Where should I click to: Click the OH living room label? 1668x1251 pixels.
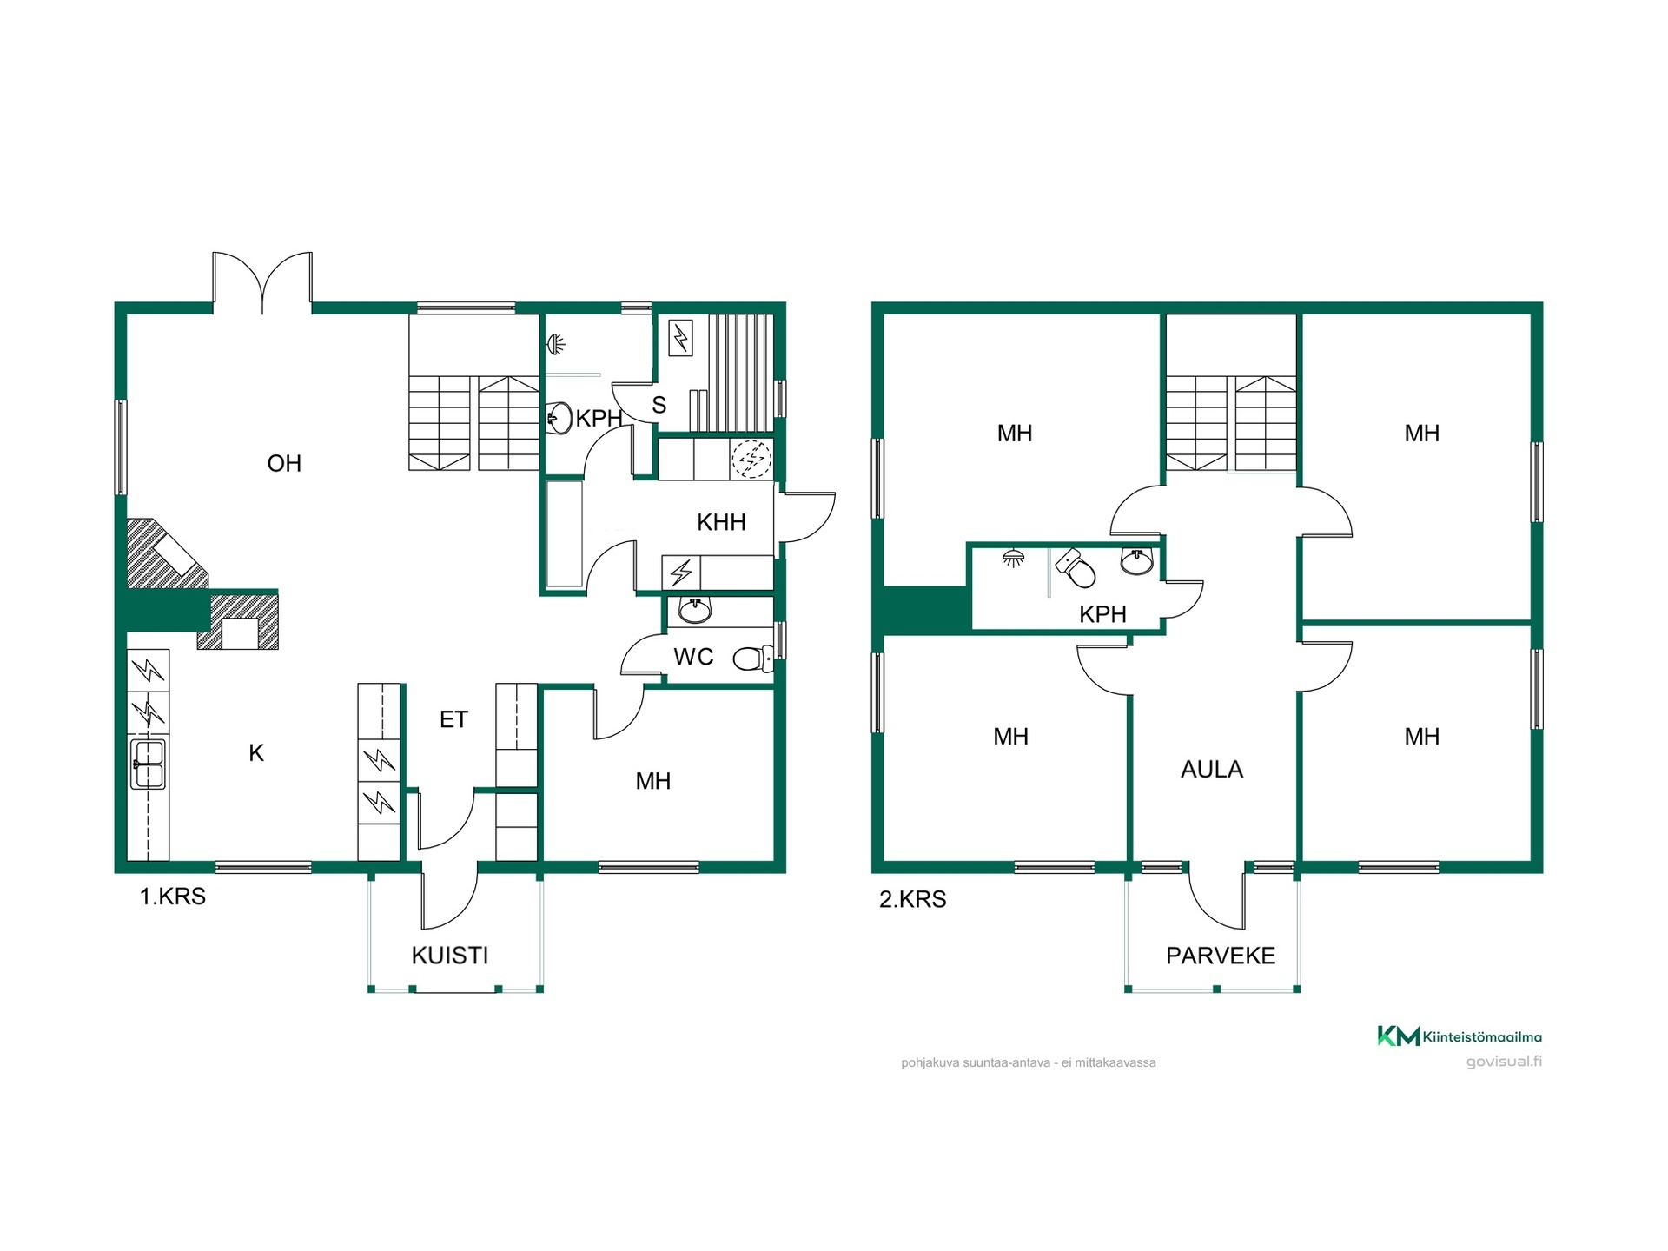(x=284, y=463)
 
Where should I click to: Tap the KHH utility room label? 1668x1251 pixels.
(x=721, y=522)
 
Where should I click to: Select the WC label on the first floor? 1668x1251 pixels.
(x=693, y=657)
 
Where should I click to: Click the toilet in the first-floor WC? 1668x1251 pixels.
(x=752, y=659)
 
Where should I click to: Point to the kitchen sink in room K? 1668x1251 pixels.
(x=148, y=764)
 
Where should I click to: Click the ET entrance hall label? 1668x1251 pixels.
(x=453, y=719)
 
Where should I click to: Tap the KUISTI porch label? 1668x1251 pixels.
(x=450, y=956)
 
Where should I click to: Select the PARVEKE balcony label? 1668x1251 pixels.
(x=1221, y=956)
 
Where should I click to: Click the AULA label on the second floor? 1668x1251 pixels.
(x=1212, y=769)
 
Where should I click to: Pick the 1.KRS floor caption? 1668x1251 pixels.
(x=173, y=897)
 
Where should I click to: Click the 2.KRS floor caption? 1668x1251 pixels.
(x=912, y=899)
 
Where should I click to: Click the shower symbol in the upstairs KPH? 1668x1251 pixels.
(x=1013, y=558)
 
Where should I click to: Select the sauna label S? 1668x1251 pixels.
(x=659, y=405)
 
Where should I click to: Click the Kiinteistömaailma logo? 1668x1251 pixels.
(x=1459, y=1036)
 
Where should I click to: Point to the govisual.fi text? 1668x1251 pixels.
(x=1504, y=1062)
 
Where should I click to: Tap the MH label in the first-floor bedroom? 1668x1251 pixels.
(x=653, y=781)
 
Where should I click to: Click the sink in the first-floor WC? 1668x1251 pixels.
(x=695, y=611)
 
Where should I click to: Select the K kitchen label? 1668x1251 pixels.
(x=256, y=753)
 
